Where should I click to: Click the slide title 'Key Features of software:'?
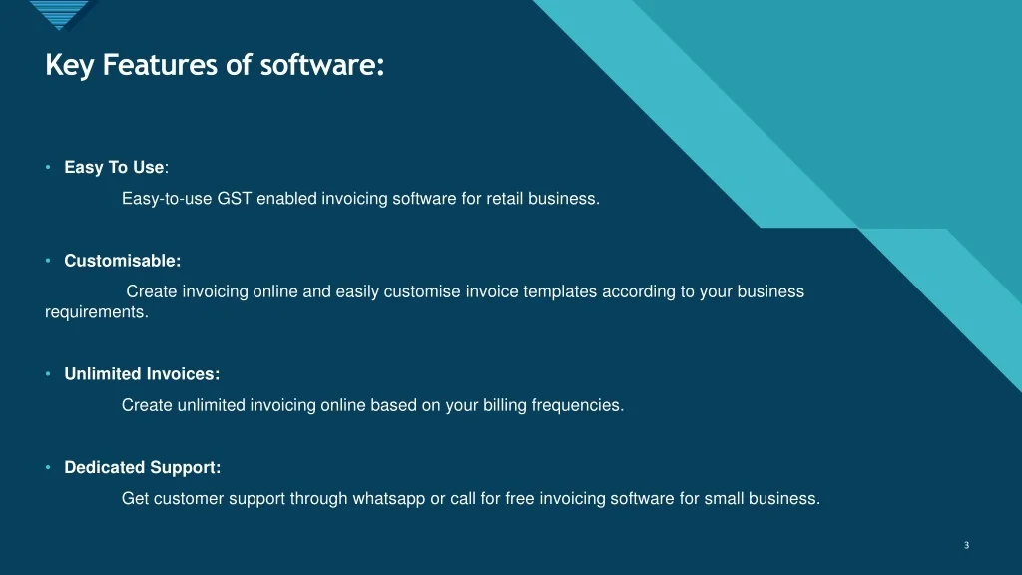click(x=215, y=66)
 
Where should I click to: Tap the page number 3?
click(x=966, y=545)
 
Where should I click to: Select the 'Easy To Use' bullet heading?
click(x=114, y=168)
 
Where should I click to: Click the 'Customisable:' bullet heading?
click(x=123, y=261)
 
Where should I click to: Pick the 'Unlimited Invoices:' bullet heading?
click(x=142, y=374)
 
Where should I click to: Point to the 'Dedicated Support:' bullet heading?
click(x=142, y=467)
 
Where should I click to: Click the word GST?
click(x=235, y=199)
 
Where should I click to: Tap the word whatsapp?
click(x=389, y=499)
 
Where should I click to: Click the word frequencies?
click(x=578, y=405)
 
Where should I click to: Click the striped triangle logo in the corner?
click(x=60, y=14)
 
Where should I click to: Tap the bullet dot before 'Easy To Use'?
click(x=48, y=168)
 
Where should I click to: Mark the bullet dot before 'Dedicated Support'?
click(x=48, y=467)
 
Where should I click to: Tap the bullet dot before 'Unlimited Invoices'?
click(x=48, y=374)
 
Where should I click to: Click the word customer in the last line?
click(x=189, y=499)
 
